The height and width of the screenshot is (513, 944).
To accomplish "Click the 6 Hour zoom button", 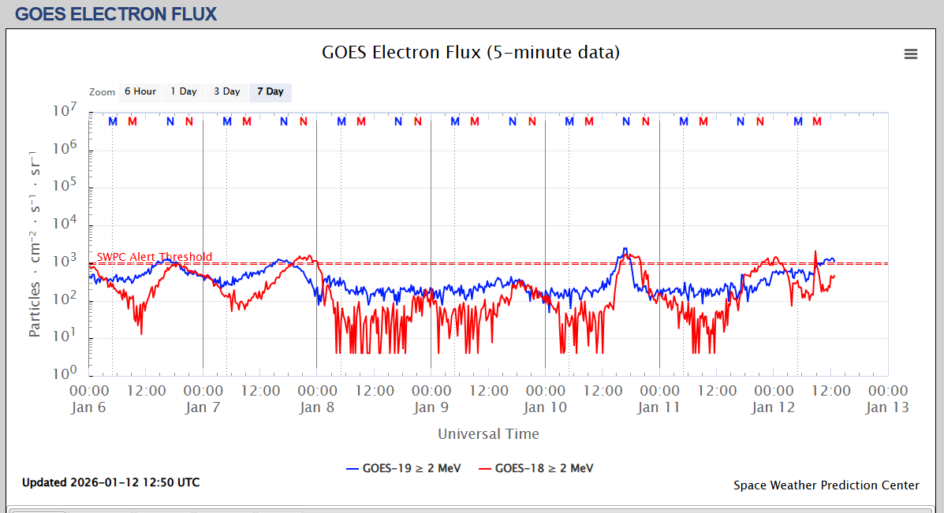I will tap(140, 92).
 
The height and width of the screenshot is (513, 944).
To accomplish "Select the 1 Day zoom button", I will tap(184, 92).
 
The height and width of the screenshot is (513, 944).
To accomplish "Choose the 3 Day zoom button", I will tap(227, 92).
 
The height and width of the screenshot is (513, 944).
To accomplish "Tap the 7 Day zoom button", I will tap(270, 92).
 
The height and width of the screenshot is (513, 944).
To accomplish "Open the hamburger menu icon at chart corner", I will tap(911, 54).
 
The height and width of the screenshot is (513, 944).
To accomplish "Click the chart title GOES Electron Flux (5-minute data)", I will tap(471, 53).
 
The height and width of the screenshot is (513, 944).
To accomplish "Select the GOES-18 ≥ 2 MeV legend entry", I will tap(535, 468).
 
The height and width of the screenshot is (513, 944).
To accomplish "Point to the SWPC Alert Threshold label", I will tap(155, 257).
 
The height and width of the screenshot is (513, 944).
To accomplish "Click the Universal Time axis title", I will tap(488, 433).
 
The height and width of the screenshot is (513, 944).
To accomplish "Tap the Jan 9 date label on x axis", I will tap(425, 407).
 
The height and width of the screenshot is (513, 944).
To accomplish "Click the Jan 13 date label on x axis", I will tap(887, 407).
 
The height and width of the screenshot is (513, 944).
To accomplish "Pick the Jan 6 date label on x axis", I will tap(88, 407).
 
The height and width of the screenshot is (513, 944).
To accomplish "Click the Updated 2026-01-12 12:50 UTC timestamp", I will tap(110, 482).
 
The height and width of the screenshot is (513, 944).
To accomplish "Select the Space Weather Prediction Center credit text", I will tap(826, 485).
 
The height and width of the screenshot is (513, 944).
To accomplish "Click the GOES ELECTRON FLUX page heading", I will tap(116, 14).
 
